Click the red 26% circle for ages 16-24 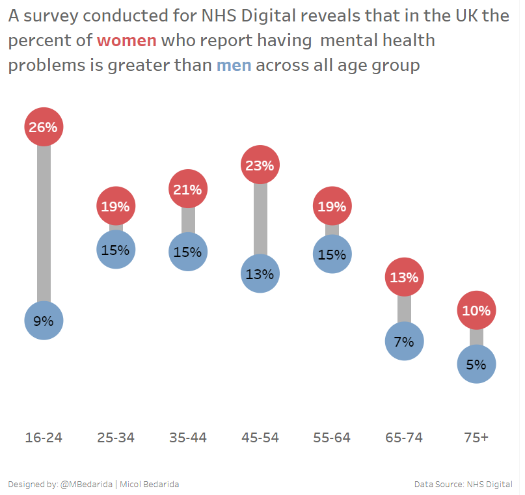44,127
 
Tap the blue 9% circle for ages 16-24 44,321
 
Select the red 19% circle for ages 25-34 116,207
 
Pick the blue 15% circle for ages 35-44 188,252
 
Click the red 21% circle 188,189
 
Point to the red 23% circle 260,165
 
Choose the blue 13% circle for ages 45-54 260,274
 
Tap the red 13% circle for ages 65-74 404,277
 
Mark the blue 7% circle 404,341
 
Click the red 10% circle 476,310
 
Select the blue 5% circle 476,364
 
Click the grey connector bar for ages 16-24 44,224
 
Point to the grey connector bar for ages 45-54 260,219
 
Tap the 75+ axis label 476,438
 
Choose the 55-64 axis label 332,438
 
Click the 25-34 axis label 116,438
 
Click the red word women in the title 127,41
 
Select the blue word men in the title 234,65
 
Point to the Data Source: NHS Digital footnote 463,485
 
